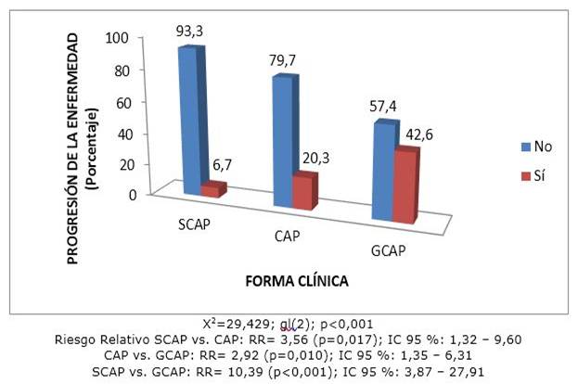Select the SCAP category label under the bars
pyautogui.click(x=197, y=225)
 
